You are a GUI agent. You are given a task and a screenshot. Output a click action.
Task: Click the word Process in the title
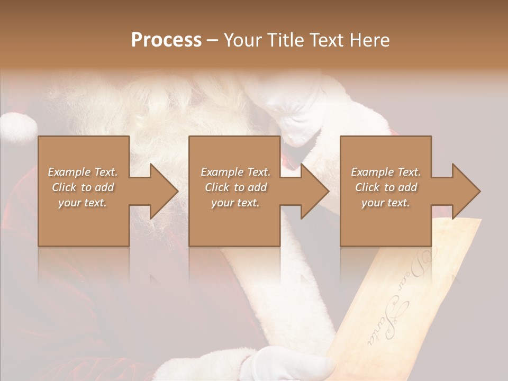point(166,40)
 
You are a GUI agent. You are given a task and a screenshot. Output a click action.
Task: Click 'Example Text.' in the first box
point(83,172)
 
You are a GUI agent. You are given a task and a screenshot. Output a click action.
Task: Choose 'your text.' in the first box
point(83,203)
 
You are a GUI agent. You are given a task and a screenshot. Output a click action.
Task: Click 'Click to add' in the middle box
point(235,187)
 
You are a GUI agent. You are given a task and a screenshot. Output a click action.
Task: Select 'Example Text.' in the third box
point(386,172)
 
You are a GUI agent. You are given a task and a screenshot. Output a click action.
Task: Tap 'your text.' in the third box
point(386,203)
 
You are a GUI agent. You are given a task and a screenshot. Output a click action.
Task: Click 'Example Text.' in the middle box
point(235,172)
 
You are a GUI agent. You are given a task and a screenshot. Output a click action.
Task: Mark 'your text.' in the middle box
point(235,203)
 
